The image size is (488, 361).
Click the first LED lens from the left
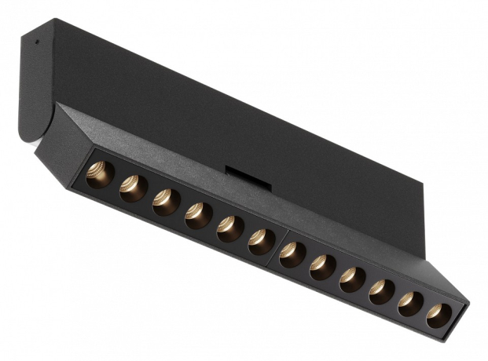pyautogui.click(x=100, y=175)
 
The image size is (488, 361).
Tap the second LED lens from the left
pyautogui.click(x=133, y=188)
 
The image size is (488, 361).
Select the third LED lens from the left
pyautogui.click(x=166, y=202)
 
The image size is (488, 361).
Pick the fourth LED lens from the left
pyautogui.click(x=198, y=215)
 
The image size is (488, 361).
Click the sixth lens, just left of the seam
pyautogui.click(x=262, y=241)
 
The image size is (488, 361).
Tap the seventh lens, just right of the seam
pyautogui.click(x=293, y=254)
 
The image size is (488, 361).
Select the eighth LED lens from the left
pyautogui.click(x=322, y=267)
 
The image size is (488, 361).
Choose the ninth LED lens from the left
pyautogui.click(x=352, y=279)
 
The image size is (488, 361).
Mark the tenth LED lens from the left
pyautogui.click(x=381, y=291)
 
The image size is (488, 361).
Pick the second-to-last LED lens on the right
pyautogui.click(x=409, y=303)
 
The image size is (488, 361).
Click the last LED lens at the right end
pyautogui.click(x=438, y=315)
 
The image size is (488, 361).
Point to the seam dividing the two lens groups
pyautogui.click(x=277, y=244)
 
